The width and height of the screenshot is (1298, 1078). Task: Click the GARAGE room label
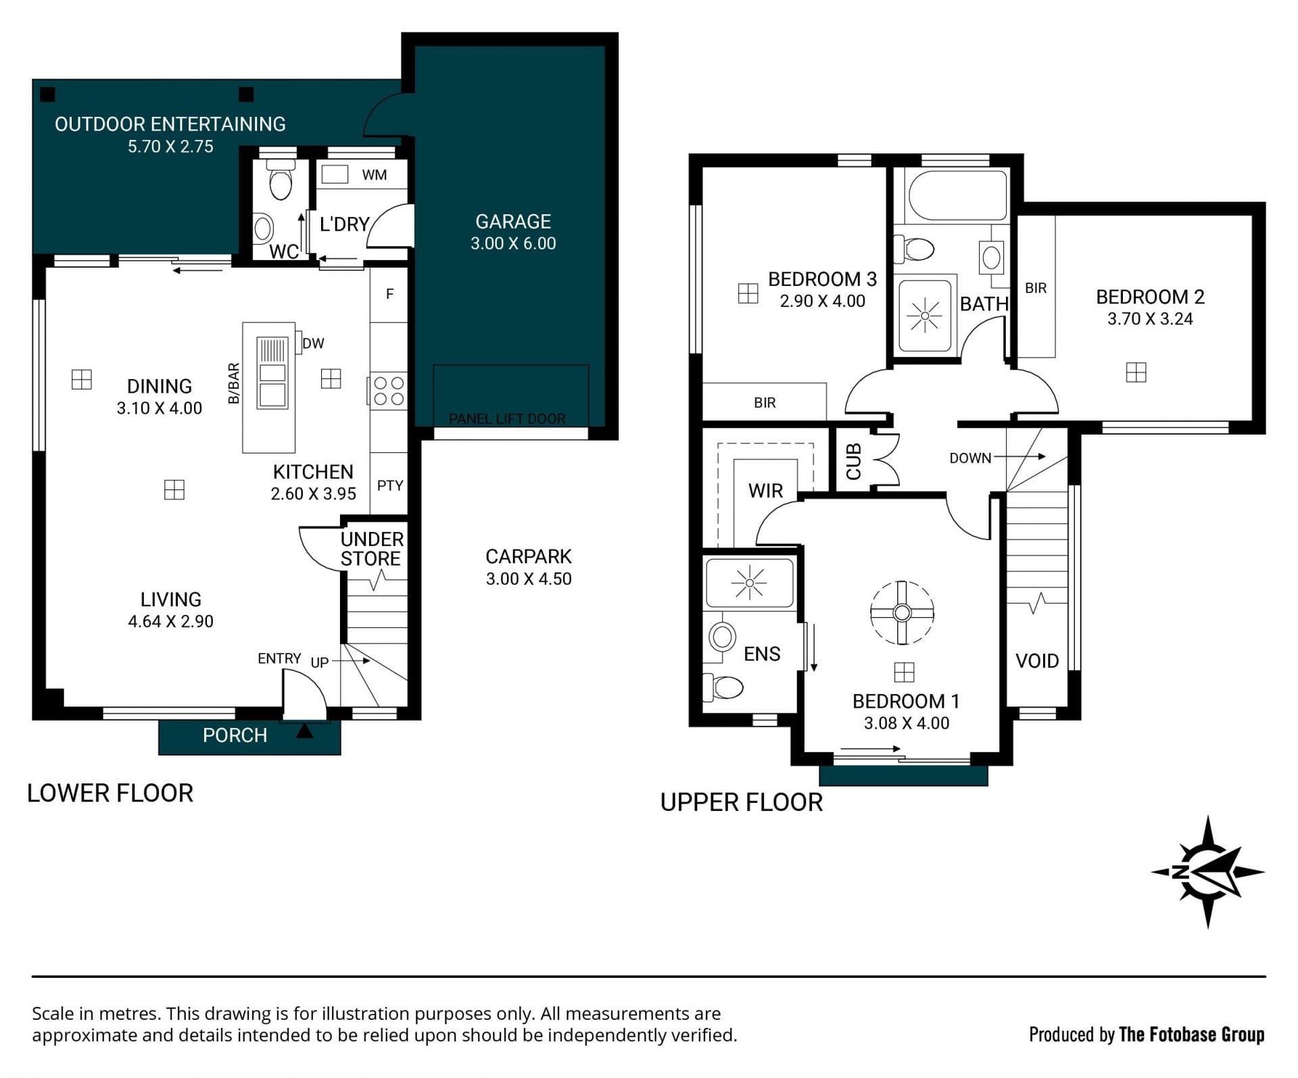513,222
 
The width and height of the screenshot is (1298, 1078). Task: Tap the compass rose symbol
1207,871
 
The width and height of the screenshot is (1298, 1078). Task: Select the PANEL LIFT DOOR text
507,419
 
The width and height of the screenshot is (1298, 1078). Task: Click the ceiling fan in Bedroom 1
902,612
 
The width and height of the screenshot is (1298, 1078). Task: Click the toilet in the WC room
280,179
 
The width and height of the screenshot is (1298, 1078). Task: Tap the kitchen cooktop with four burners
389,391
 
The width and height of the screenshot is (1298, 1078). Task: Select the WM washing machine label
375,175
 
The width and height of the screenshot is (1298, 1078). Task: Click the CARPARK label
529,556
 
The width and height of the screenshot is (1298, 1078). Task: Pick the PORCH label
235,735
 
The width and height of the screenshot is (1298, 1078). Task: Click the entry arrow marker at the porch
305,730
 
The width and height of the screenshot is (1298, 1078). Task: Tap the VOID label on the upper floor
1037,660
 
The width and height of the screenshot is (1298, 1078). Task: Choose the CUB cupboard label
853,462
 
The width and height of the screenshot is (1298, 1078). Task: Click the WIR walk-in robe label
765,491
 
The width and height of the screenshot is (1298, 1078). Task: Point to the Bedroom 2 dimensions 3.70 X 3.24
1150,319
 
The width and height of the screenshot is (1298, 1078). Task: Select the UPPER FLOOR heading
742,802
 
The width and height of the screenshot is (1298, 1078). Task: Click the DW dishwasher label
313,343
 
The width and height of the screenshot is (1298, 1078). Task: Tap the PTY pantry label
390,485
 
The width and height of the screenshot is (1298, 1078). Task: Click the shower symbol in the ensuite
749,583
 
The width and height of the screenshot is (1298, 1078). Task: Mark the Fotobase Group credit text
1147,1034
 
